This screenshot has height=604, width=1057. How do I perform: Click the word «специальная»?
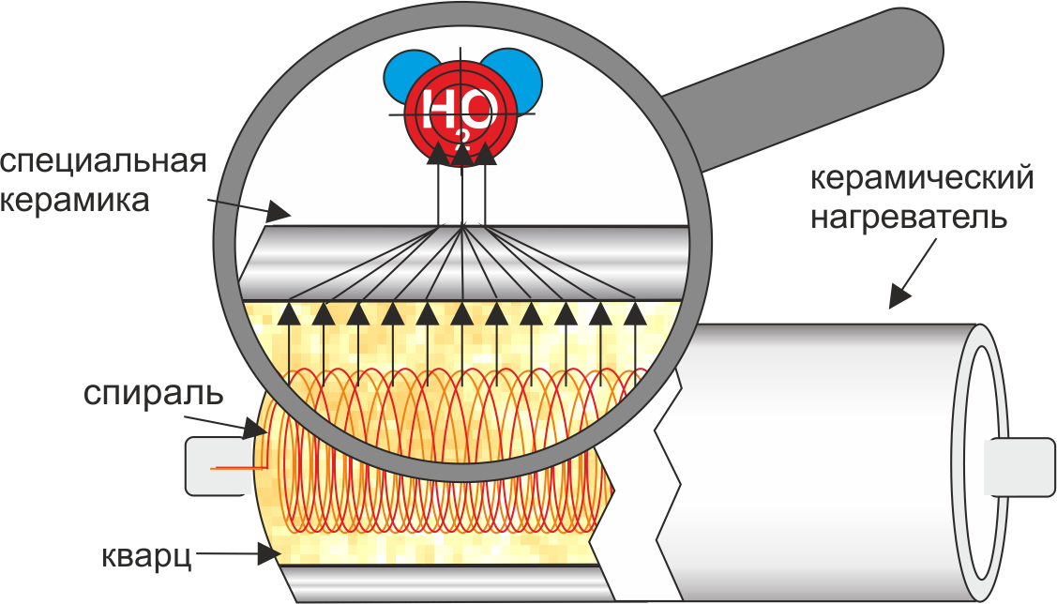tap(103, 160)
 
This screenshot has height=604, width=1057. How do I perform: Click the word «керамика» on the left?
tap(75, 200)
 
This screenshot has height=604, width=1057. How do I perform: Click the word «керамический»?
tap(923, 177)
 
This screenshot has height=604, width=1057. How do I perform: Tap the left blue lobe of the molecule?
tap(403, 76)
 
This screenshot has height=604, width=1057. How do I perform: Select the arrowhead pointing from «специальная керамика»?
tap(279, 210)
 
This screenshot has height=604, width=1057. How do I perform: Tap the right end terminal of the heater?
tap(1018, 466)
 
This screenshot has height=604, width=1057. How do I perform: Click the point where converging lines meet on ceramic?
tap(461, 226)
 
